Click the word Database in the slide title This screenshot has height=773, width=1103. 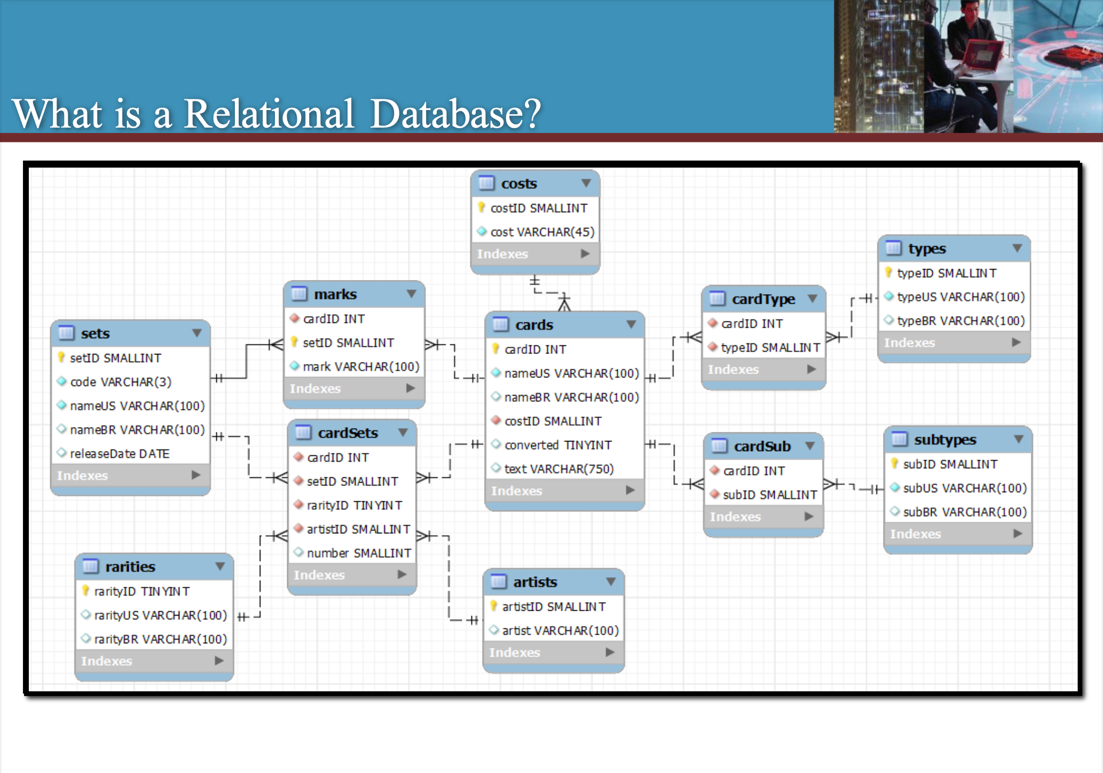(455, 114)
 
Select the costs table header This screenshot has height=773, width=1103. (534, 184)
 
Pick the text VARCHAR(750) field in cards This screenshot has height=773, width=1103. (558, 469)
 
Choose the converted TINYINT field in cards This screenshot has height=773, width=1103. (557, 445)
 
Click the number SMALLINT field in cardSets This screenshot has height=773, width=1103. (358, 553)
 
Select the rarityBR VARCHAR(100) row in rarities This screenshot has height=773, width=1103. (160, 639)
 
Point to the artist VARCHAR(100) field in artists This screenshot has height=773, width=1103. (560, 630)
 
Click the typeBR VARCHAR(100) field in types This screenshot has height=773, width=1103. (960, 321)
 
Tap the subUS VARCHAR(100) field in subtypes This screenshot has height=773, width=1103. (964, 488)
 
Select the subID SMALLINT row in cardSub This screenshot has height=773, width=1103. (769, 495)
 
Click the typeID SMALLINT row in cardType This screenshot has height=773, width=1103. (770, 348)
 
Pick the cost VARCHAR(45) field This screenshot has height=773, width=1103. (541, 232)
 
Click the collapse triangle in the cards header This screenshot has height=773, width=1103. (631, 325)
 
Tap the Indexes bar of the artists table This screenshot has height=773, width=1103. (553, 652)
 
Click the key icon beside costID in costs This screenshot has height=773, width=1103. (481, 208)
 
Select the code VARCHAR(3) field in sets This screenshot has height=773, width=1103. (120, 382)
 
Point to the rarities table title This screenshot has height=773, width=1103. (130, 566)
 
